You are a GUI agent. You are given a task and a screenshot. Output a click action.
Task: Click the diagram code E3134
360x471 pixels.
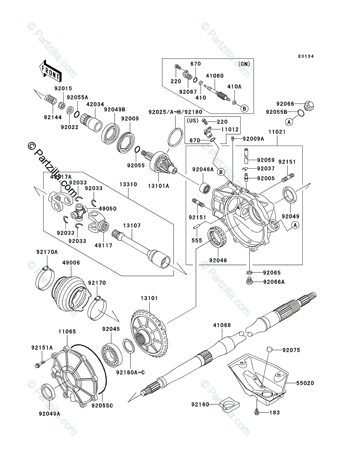point(305,57)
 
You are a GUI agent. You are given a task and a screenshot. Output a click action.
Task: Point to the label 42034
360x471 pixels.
point(95,104)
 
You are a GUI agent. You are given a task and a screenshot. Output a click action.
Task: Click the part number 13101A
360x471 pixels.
point(159,186)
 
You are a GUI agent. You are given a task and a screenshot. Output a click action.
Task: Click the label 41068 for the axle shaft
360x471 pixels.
point(222,325)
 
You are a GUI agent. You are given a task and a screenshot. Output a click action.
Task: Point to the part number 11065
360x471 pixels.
point(67,332)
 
